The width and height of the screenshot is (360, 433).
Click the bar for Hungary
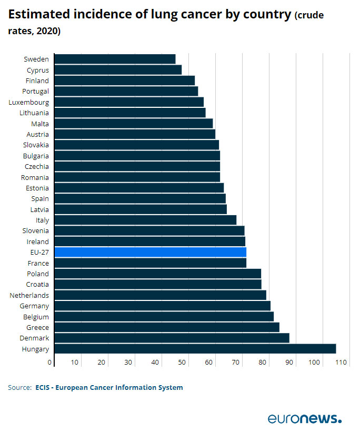point(195,349)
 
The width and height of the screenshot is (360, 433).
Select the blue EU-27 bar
point(150,252)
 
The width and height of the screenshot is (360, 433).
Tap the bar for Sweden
point(115,59)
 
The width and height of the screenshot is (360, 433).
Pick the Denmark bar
point(172,338)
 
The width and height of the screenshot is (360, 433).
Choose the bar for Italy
point(145,220)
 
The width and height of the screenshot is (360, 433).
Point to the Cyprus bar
point(118,69)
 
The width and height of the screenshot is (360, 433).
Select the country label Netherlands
point(29,295)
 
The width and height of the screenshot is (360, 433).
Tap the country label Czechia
point(37,166)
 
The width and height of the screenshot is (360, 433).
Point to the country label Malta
point(40,124)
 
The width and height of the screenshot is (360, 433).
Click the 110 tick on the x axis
point(341,362)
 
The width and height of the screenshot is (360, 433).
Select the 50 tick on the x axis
point(182,362)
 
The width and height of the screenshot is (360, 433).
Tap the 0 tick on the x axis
point(51,362)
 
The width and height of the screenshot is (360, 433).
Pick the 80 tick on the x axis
point(262,362)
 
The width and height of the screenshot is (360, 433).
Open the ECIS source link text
point(109,388)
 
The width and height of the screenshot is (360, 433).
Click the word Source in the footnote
point(19,388)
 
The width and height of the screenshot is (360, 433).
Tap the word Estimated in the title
point(36,15)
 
